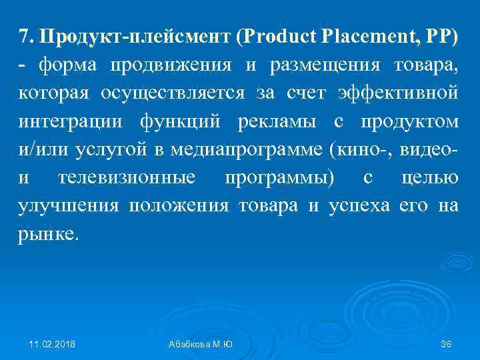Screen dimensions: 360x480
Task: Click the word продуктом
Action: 409,123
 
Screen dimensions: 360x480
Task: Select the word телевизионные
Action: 127,179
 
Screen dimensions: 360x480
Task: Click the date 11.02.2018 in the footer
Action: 53,343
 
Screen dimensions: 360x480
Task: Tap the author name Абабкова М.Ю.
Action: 205,343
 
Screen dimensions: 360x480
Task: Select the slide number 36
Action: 447,343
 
